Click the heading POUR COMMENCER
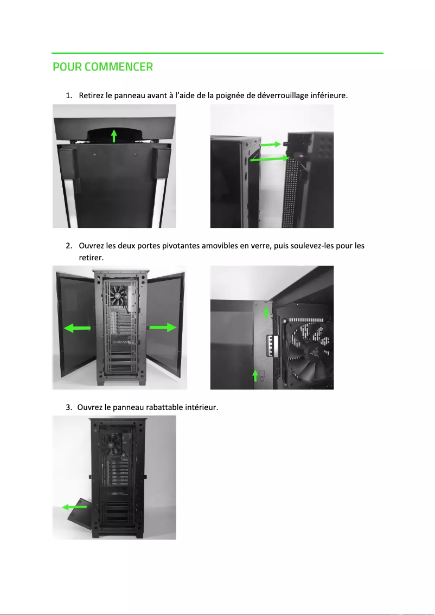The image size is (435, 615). pos(103,67)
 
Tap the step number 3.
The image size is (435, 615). pos(68,407)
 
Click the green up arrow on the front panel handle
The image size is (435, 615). pos(113,135)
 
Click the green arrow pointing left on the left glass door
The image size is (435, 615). pos(77,328)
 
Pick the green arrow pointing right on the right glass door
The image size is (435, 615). pos(163,327)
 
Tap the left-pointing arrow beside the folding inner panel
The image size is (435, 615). pos(74,507)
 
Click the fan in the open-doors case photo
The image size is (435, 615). pos(118,297)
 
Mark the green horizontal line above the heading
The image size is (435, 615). pos(217,53)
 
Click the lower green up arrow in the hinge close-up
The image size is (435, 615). pos(255,375)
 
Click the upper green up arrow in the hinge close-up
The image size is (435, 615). pos(266,311)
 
